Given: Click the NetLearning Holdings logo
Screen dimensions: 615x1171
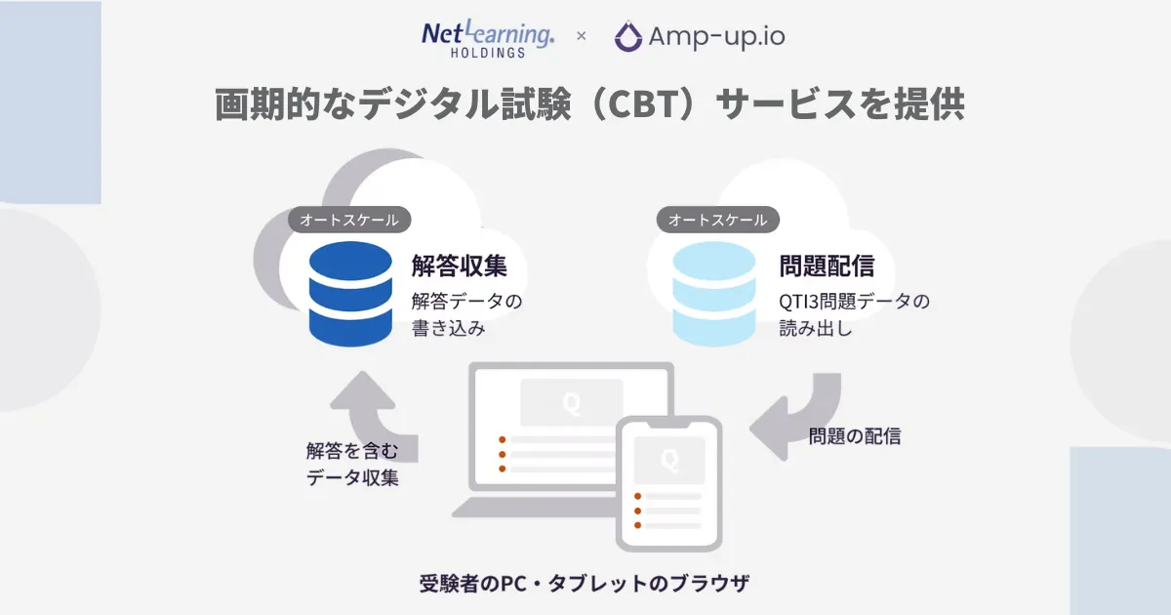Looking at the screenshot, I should pos(488,37).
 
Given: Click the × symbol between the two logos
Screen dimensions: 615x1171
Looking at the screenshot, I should pos(582,37).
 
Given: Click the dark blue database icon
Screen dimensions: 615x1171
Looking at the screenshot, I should pos(348,294).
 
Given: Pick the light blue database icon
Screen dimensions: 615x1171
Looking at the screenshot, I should pos(714,294).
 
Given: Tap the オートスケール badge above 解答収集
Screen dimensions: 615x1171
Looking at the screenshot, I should pos(349,220).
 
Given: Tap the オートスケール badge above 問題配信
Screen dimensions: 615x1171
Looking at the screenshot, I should pos(718,220).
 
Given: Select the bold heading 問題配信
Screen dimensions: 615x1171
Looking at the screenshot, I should pos(826,266).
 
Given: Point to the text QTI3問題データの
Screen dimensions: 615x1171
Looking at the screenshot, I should pos(854,301).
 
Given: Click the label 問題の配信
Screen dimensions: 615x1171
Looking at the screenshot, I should pos(854,436).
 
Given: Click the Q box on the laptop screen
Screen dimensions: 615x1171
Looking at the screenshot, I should pos(571,402).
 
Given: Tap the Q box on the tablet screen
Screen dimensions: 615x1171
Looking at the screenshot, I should pos(668,459).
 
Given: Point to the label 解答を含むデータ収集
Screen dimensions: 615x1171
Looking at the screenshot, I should pos(351,465).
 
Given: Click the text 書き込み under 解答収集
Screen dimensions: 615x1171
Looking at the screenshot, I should pos(448,329).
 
